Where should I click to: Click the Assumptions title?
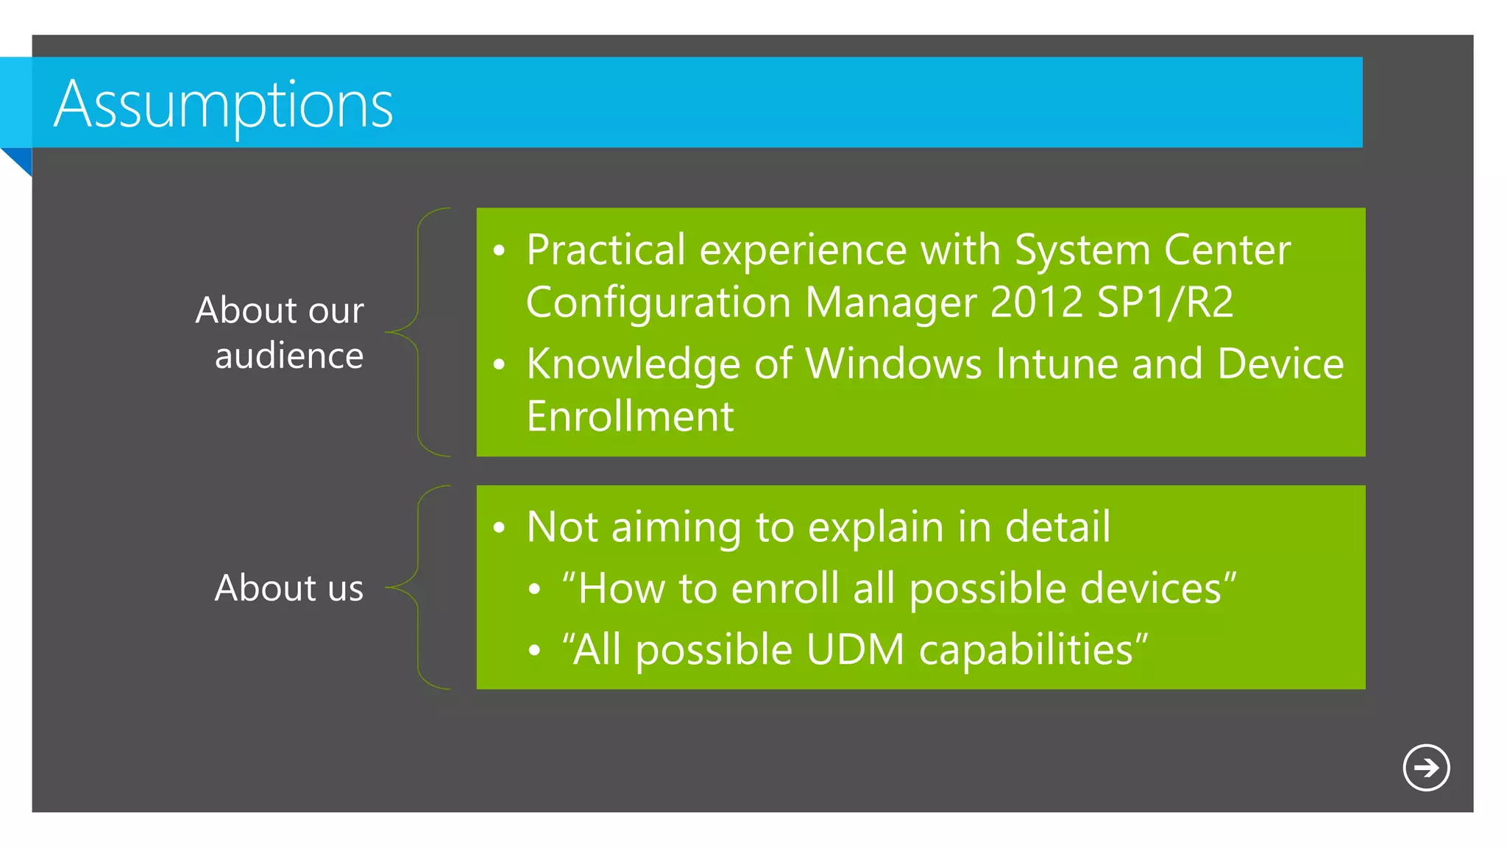(224, 105)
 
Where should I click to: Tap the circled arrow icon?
(1425, 768)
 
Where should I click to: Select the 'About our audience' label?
(280, 333)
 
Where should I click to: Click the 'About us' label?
(289, 588)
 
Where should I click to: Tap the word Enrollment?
(630, 417)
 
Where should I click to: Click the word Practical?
(606, 250)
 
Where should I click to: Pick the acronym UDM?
(854, 650)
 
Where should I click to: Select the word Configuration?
(658, 303)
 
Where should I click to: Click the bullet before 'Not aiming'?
(500, 528)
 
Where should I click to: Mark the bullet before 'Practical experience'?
(500, 251)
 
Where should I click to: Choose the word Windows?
(893, 364)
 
